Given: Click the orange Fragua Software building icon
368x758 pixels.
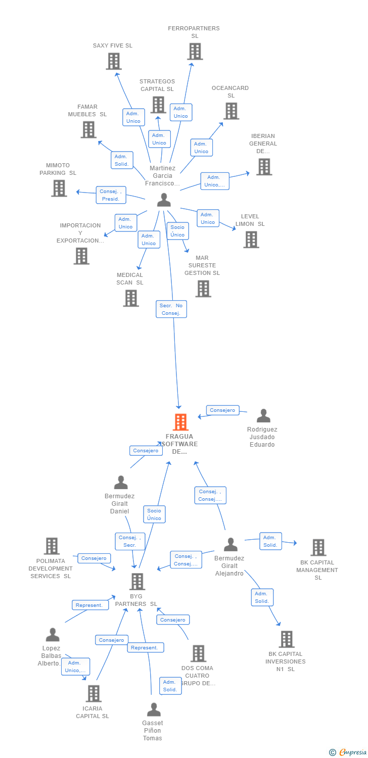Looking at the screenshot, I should (180, 422).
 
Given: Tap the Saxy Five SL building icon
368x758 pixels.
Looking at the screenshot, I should (114, 61).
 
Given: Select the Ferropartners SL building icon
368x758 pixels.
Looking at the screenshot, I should (195, 52).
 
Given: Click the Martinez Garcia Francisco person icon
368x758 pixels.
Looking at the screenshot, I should (164, 200).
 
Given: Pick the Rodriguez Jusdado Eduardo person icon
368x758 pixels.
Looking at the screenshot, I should (263, 416).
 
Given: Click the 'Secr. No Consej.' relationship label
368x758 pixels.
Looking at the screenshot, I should (171, 309).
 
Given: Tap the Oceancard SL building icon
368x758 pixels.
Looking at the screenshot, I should (231, 111).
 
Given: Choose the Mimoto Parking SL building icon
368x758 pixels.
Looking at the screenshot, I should (59, 188).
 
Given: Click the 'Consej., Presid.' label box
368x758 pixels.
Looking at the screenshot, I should (111, 195).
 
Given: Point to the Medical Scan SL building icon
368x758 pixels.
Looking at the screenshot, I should (131, 298).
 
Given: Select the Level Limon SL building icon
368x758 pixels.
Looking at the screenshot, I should (251, 240).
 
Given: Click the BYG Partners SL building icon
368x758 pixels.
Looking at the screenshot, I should (137, 581).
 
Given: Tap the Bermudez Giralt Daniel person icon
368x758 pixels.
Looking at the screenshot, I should (121, 483).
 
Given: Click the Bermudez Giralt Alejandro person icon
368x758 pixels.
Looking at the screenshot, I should (231, 545).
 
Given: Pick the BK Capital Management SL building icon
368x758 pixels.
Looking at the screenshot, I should (318, 547).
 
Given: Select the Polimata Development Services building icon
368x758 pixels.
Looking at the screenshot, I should (52, 546).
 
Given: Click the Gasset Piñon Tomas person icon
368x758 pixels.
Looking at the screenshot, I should (153, 709).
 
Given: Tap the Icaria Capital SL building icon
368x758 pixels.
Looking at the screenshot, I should (94, 693).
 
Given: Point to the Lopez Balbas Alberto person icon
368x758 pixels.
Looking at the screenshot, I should (53, 635).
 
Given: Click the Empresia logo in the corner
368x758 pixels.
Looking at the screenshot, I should (348, 752).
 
